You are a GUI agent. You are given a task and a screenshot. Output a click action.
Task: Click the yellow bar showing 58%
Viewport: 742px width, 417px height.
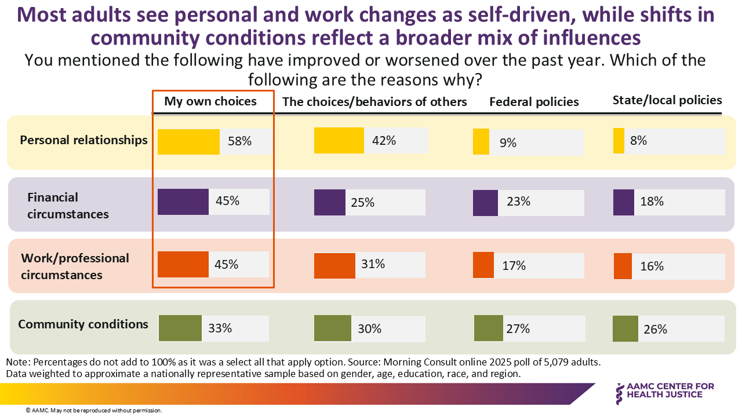[x=188, y=142]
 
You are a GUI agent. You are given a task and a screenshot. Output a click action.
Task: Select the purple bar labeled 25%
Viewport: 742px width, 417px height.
[x=329, y=203]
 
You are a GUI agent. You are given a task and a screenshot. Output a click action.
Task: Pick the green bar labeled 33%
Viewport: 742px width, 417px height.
[x=180, y=328]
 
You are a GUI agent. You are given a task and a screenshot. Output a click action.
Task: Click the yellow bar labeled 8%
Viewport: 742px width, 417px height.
[x=619, y=141]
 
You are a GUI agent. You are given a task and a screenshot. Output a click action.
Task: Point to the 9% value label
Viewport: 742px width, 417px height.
[x=508, y=142]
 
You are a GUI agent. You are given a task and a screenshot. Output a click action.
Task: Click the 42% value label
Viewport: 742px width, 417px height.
[x=384, y=140]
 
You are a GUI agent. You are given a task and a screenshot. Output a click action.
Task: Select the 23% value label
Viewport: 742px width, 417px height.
[x=518, y=202]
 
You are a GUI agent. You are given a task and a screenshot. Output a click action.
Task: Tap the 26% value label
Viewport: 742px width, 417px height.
[x=655, y=329]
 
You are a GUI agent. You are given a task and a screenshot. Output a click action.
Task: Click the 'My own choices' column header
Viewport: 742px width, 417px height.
[x=210, y=101]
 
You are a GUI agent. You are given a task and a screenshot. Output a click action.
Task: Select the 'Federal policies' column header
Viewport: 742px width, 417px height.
[x=534, y=102]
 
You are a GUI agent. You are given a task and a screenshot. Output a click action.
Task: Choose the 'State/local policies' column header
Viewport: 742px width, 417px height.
[x=667, y=100]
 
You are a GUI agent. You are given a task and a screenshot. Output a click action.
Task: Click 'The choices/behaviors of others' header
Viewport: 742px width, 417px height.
[x=374, y=102]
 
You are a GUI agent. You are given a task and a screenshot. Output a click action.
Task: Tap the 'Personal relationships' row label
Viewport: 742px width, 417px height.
[x=83, y=140]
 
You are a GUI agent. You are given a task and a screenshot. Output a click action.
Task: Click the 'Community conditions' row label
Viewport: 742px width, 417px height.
[x=83, y=324]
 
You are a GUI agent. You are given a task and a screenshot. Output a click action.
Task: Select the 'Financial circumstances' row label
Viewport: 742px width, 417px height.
[x=68, y=206]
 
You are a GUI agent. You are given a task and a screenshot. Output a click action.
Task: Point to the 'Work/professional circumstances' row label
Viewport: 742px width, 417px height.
[x=75, y=266]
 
